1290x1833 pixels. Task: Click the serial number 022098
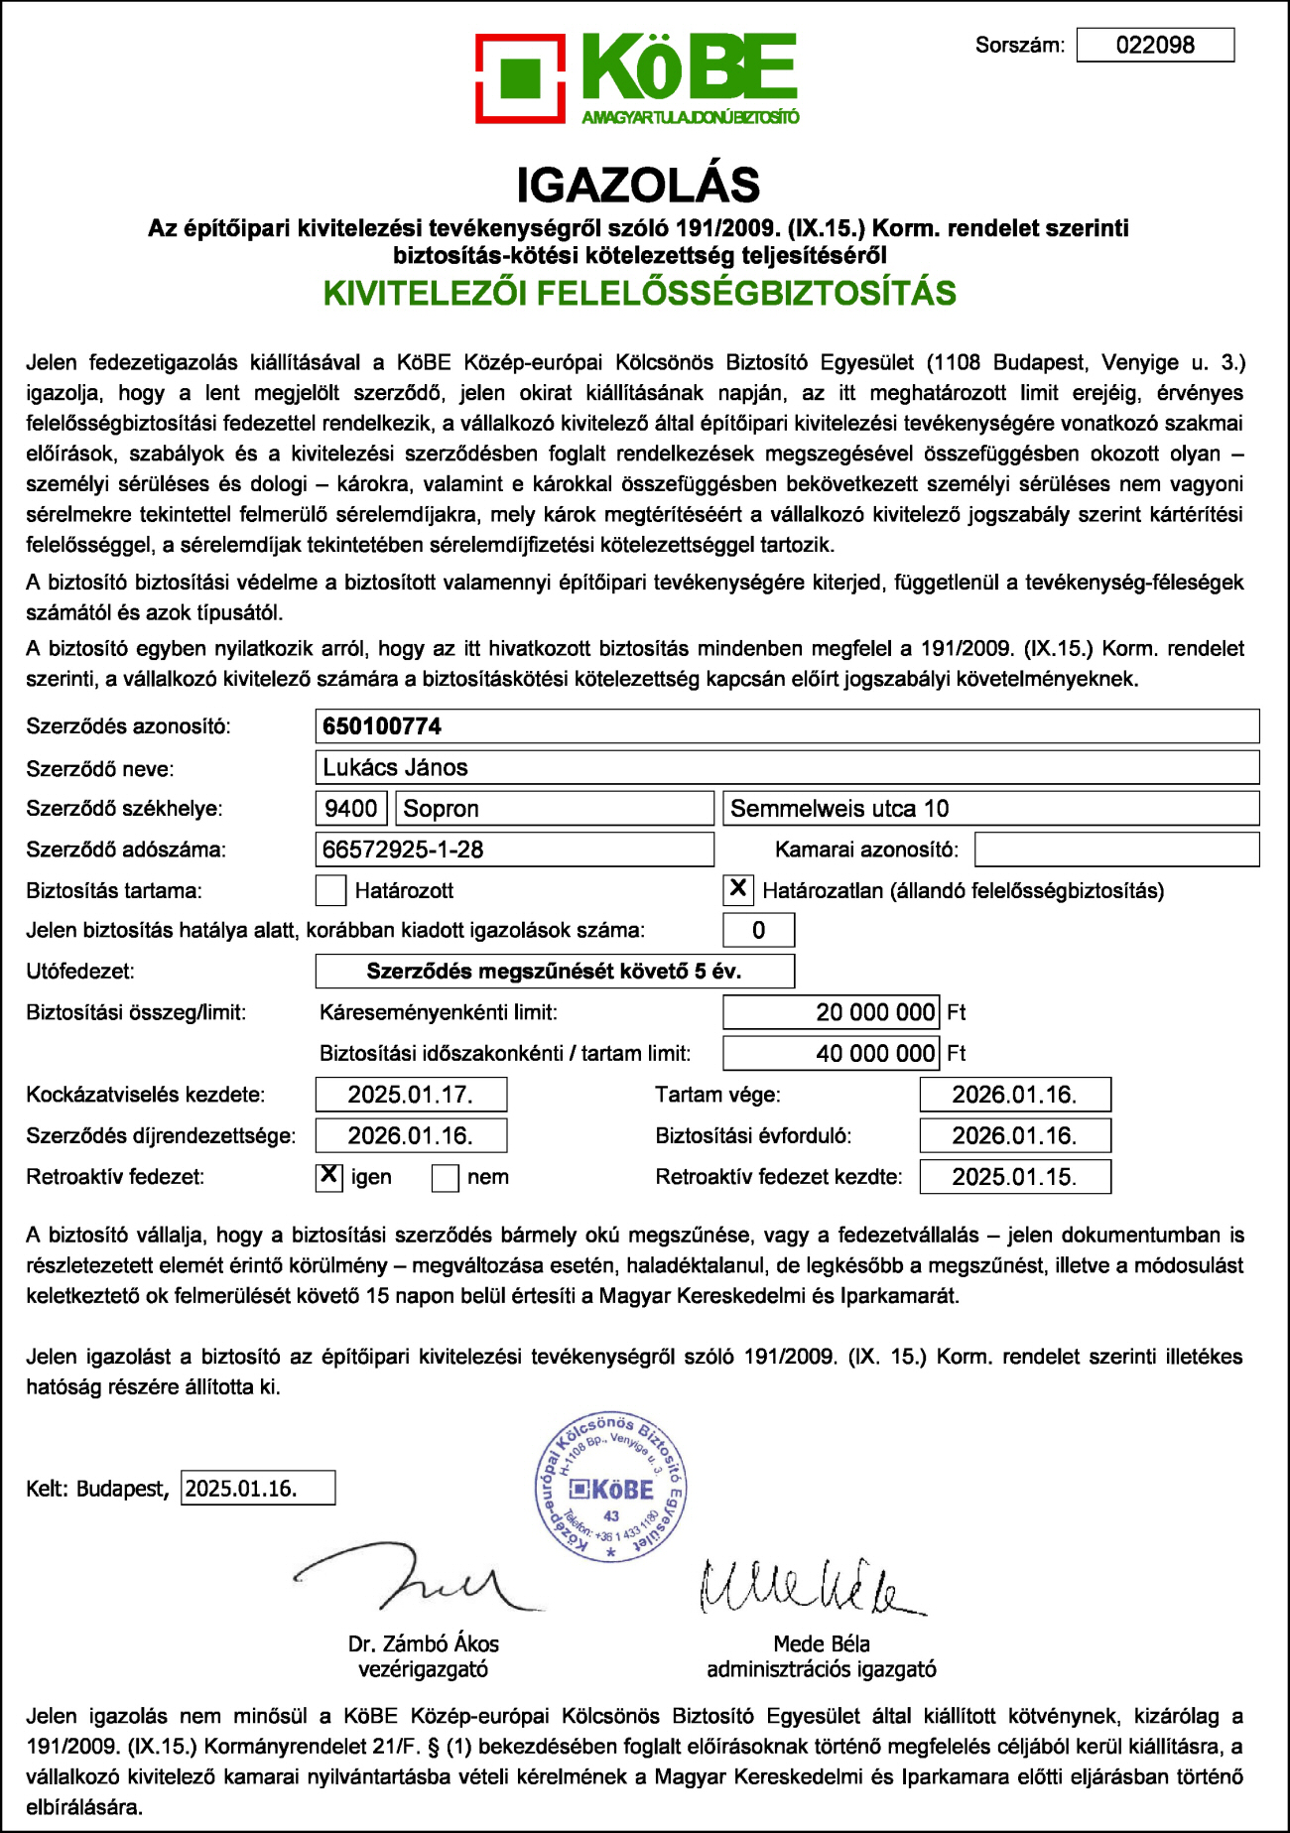1155,45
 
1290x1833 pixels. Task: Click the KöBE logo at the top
637,78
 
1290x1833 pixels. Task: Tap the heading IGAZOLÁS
638,185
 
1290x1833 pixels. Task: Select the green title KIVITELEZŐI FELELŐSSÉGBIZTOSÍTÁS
640,294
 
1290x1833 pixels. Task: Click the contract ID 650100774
382,726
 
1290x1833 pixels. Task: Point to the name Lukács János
395,767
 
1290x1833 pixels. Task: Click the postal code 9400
350,808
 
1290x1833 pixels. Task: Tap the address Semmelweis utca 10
839,808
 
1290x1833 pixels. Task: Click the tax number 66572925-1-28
403,850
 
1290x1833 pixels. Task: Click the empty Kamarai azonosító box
1116,850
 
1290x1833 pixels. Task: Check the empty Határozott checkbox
330,890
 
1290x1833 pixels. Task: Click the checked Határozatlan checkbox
738,889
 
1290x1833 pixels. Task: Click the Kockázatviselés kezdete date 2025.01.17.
410,1095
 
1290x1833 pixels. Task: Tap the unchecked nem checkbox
446,1177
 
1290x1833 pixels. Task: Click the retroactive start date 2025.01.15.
1014,1177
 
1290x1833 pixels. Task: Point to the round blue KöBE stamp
610,1488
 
